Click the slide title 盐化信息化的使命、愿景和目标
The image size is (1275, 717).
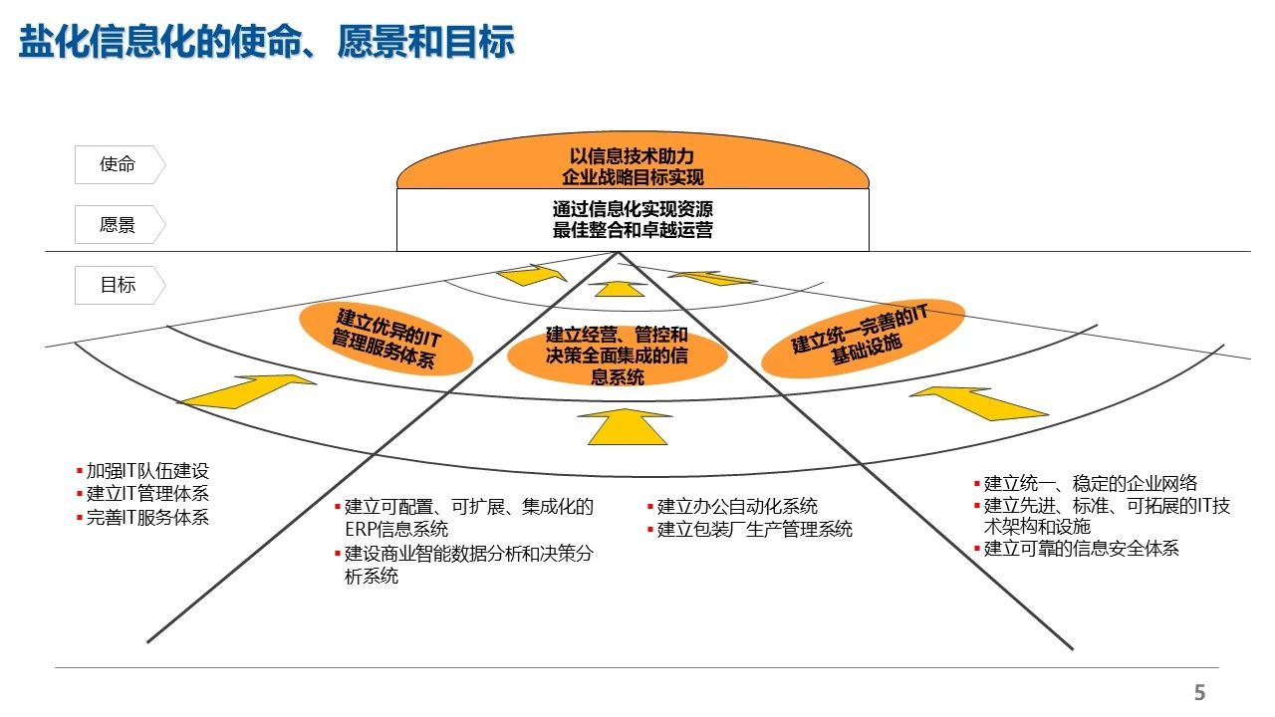click(266, 43)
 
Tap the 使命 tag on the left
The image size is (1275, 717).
click(118, 164)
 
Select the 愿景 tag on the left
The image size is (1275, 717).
click(118, 225)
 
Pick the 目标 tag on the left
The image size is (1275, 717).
click(118, 285)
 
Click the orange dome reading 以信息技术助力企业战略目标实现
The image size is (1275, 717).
click(633, 166)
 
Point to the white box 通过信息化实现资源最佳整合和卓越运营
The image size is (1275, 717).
click(633, 220)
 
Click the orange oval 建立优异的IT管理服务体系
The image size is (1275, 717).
click(385, 339)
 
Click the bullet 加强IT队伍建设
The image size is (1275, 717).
click(147, 472)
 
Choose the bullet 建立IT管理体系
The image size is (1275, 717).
click(147, 494)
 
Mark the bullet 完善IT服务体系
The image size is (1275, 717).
click(147, 517)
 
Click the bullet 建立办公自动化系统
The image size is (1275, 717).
click(737, 507)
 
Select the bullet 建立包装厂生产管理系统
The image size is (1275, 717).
click(754, 530)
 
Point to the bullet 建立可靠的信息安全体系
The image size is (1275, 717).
click(1081, 549)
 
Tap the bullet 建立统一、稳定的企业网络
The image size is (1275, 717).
click(1090, 484)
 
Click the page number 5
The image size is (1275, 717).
click(1199, 693)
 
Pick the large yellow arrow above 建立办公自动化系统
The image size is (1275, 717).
click(622, 425)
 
